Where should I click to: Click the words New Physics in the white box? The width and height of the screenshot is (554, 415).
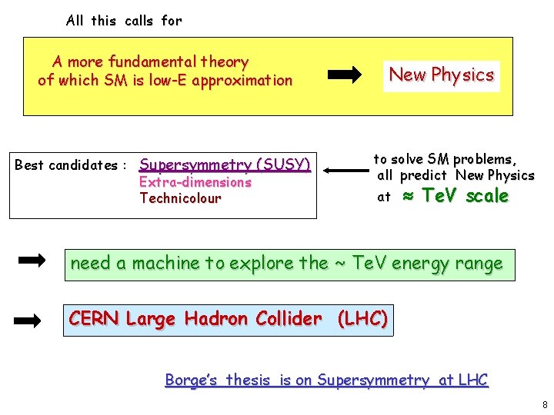441,75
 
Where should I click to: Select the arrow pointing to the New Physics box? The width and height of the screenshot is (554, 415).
345,75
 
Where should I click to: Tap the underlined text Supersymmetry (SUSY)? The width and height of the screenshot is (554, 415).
225,164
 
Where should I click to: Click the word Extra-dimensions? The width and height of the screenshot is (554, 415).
195,182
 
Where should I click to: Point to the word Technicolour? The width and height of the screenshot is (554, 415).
180,198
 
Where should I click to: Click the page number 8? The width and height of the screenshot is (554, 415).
544,404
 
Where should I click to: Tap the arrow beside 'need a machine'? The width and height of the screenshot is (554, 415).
32,262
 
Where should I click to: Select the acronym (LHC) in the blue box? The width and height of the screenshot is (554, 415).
362,318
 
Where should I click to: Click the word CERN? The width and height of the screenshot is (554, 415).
94,318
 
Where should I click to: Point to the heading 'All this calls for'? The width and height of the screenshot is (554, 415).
124,21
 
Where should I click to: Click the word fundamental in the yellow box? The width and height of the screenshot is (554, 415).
152,61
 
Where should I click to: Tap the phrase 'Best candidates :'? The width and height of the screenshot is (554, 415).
71,165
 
